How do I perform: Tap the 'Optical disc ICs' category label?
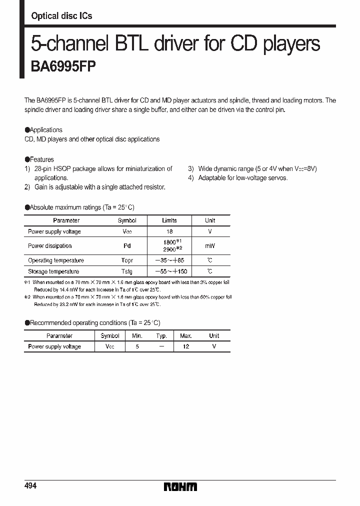click(x=61, y=16)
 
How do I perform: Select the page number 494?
click(x=30, y=486)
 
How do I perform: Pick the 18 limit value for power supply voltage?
click(x=169, y=231)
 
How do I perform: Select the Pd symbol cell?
click(x=126, y=245)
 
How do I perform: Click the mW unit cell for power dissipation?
click(x=210, y=245)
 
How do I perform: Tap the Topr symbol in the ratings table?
click(x=126, y=260)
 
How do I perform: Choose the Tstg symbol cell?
click(x=126, y=271)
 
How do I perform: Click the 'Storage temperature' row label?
click(x=53, y=271)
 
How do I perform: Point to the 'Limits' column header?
click(x=169, y=220)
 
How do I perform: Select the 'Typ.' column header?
click(x=161, y=336)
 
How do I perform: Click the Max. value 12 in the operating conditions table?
click(x=186, y=346)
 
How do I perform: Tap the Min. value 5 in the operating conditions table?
click(x=137, y=346)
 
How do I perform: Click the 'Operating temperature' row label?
click(x=56, y=260)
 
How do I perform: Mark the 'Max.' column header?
click(x=186, y=336)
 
